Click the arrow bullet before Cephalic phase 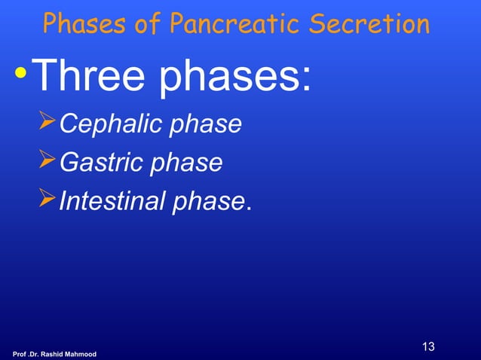click(48, 123)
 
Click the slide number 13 click(428, 347)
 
